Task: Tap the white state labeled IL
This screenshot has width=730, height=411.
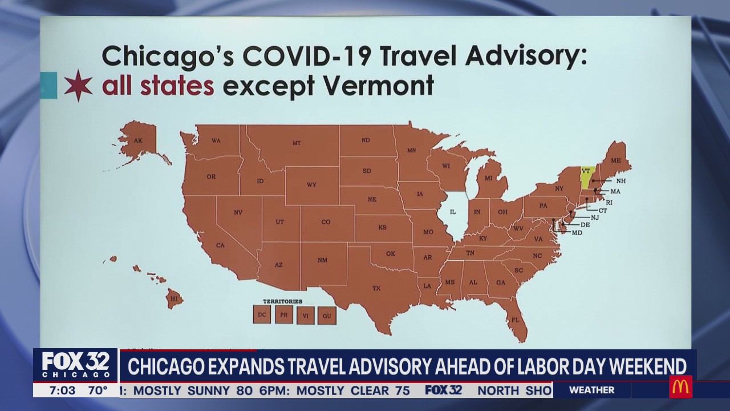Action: coord(453,212)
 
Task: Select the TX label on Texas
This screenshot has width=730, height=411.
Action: coord(376,288)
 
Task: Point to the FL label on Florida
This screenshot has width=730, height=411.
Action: coord(515,320)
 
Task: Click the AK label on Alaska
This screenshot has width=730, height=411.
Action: coord(137,140)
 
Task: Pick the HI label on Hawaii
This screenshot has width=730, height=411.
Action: coord(174,299)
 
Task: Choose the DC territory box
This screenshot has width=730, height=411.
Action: coord(262,315)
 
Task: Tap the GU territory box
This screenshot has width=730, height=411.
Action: coord(327,315)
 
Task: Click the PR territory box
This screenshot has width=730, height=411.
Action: coord(283,315)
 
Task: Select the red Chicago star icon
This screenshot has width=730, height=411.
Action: coord(78,86)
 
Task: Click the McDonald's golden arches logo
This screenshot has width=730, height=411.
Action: coord(680,387)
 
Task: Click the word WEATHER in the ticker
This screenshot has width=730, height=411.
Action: coord(591,390)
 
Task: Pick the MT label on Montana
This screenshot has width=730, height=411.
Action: coord(297,143)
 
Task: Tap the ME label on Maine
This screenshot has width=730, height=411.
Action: coord(615,160)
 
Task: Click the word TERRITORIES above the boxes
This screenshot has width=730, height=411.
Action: coord(282,301)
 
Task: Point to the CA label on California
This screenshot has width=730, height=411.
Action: coord(220,245)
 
